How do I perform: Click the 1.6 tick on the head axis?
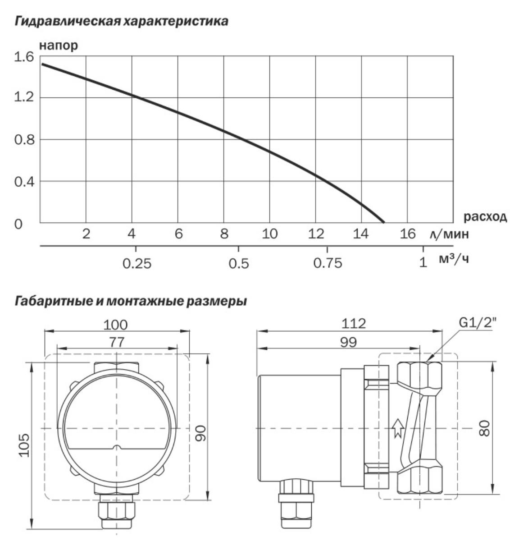pos(23,57)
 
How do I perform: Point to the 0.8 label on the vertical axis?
pos(24,140)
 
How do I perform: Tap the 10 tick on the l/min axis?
pos(269,234)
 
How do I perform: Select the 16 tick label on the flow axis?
pos(408,234)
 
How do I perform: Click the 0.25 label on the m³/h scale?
pos(137,263)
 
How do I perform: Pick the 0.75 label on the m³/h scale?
pos(328,263)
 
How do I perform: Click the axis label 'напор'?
pos(59,46)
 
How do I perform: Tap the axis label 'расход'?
pos(485,216)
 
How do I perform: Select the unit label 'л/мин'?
pos(449,234)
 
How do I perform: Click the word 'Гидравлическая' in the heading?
pos(68,21)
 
